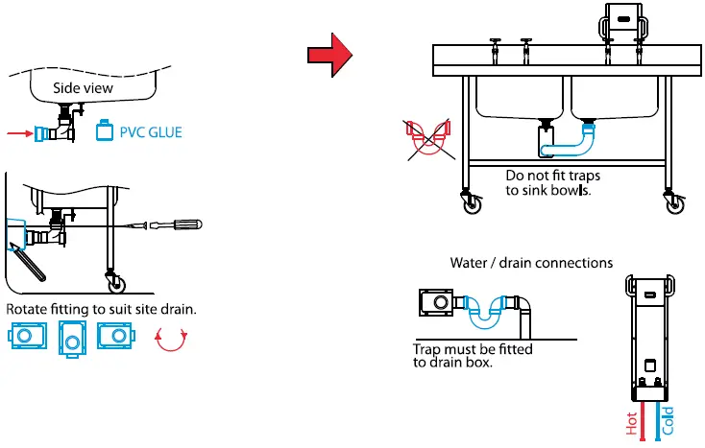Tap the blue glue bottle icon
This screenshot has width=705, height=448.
tap(105, 131)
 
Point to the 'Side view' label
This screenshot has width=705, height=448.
tap(83, 88)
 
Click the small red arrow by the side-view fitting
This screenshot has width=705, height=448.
tap(18, 134)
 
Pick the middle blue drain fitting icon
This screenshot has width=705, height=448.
tap(74, 338)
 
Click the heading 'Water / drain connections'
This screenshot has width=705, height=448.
tap(531, 263)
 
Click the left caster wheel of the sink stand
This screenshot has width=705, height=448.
tap(472, 202)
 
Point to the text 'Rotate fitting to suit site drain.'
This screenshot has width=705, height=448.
tap(101, 310)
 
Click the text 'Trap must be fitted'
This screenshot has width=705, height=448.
tap(472, 350)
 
